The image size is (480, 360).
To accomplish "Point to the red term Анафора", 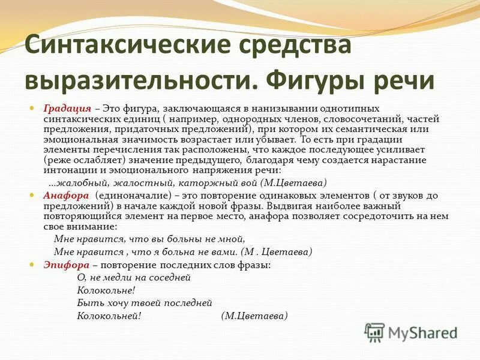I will click(x=66, y=196).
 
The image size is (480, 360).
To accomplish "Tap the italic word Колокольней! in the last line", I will click(x=109, y=316).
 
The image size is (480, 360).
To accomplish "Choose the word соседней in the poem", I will click(x=171, y=278).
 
